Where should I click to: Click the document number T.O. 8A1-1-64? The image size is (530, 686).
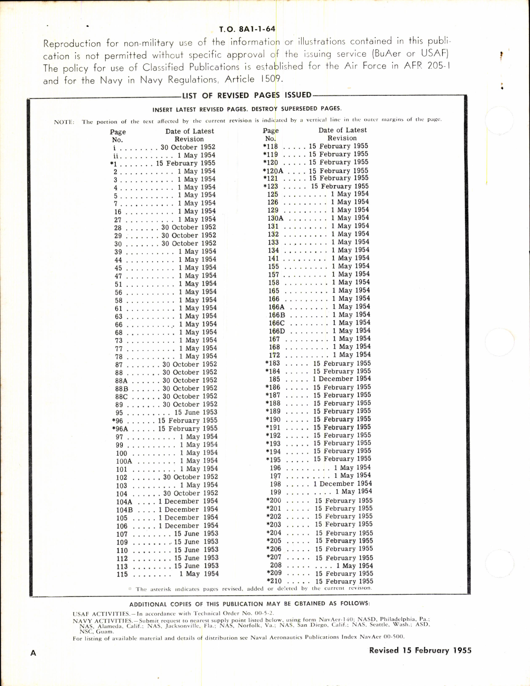click(247, 29)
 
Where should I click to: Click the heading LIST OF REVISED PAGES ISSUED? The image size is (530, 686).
click(247, 95)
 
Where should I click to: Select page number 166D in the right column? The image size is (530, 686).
click(277, 331)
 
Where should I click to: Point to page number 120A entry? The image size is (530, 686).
click(273, 171)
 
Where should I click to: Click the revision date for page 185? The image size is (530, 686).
click(342, 379)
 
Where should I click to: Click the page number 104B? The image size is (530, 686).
click(125, 510)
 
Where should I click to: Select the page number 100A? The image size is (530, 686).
click(124, 461)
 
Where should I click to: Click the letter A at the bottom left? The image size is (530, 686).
click(33, 653)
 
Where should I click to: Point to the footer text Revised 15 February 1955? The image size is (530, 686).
click(420, 650)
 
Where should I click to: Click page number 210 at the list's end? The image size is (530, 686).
click(275, 581)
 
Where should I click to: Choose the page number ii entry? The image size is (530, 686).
click(117, 156)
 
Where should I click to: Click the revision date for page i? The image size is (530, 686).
click(188, 148)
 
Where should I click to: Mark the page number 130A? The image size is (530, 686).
click(276, 219)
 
